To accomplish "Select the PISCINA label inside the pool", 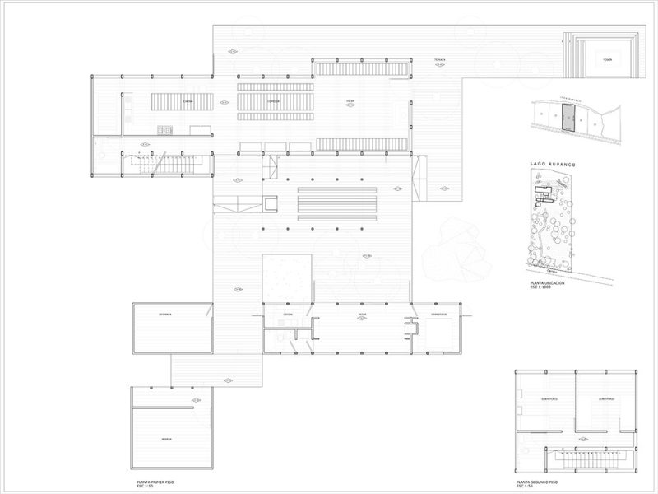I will click(607, 59).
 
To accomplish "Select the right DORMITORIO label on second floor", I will click(605, 399).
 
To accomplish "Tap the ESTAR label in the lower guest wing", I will click(361, 315).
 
